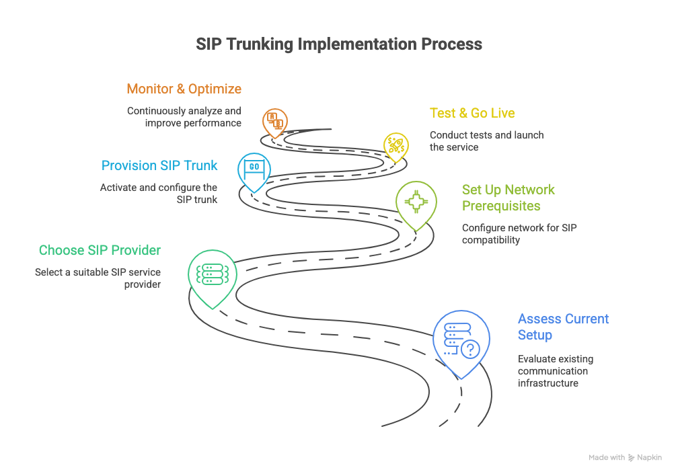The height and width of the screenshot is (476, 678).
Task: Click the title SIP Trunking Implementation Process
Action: coord(339,44)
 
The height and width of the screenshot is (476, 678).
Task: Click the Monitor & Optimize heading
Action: coord(184,89)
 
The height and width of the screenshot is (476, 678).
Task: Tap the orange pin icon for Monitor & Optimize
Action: coord(274,122)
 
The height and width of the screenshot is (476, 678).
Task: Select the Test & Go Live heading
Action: coord(472,113)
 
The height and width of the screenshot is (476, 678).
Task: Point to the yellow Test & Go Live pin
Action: coord(395,145)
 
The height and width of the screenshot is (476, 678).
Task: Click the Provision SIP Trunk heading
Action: coord(159,165)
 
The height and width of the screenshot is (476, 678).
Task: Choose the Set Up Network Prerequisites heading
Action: coord(508,198)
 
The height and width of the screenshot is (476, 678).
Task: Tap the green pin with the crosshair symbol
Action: coord(416,202)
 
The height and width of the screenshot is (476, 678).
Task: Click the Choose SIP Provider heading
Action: coord(100,250)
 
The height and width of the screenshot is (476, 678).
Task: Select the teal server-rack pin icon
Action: coord(211,274)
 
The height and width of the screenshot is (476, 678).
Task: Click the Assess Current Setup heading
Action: coord(562,327)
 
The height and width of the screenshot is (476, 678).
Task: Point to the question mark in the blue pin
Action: coord(471,349)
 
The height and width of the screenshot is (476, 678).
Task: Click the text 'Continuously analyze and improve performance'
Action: coord(184,117)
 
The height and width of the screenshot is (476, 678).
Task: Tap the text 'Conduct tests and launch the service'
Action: coord(486,141)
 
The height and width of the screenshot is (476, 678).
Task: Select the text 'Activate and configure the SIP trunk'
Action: coord(159,194)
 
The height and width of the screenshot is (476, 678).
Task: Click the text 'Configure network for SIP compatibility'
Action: coord(519,234)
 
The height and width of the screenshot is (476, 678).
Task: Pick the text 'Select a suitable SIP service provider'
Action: coord(98,278)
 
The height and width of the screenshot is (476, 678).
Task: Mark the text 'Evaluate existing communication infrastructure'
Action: coord(555,371)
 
